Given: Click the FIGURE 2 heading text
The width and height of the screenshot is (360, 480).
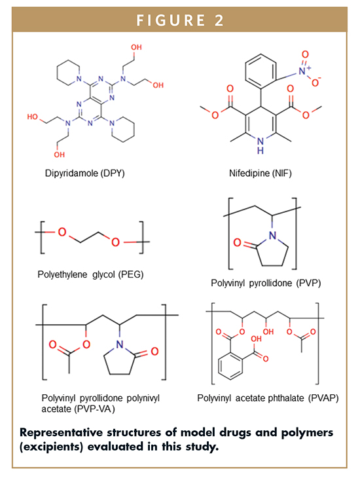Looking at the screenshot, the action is click(x=180, y=20).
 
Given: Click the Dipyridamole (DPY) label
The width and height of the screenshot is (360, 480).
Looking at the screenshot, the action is click(x=84, y=174).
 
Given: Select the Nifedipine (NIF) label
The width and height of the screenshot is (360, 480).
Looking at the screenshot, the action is click(x=261, y=174).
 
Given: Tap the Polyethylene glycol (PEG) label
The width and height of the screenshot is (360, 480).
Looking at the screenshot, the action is click(x=90, y=274).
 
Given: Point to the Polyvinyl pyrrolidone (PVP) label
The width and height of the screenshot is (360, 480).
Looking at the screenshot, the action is click(x=266, y=283).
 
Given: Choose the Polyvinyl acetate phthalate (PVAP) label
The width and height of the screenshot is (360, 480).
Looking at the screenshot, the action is click(x=268, y=398).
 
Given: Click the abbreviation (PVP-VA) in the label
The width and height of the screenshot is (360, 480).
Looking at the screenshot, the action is click(x=95, y=409).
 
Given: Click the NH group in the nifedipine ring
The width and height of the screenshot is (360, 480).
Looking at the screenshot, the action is click(x=261, y=146).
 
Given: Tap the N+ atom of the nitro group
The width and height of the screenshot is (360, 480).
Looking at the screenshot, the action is click(x=304, y=71).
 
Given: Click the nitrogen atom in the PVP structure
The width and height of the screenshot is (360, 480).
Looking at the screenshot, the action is click(x=272, y=235).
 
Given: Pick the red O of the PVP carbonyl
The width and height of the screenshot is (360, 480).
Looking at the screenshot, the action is click(x=238, y=243).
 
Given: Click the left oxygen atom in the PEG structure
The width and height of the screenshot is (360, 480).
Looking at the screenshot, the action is click(x=62, y=232).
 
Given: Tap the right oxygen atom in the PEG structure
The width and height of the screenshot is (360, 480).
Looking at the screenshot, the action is click(x=115, y=242).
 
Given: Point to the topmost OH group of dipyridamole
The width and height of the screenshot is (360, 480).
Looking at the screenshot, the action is click(x=136, y=47).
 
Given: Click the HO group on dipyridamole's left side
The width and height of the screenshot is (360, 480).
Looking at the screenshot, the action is click(x=33, y=117).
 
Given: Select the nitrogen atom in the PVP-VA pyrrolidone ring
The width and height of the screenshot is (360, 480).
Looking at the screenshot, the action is click(x=120, y=344).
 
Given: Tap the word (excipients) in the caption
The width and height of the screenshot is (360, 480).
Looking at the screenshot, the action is click(x=52, y=447).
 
